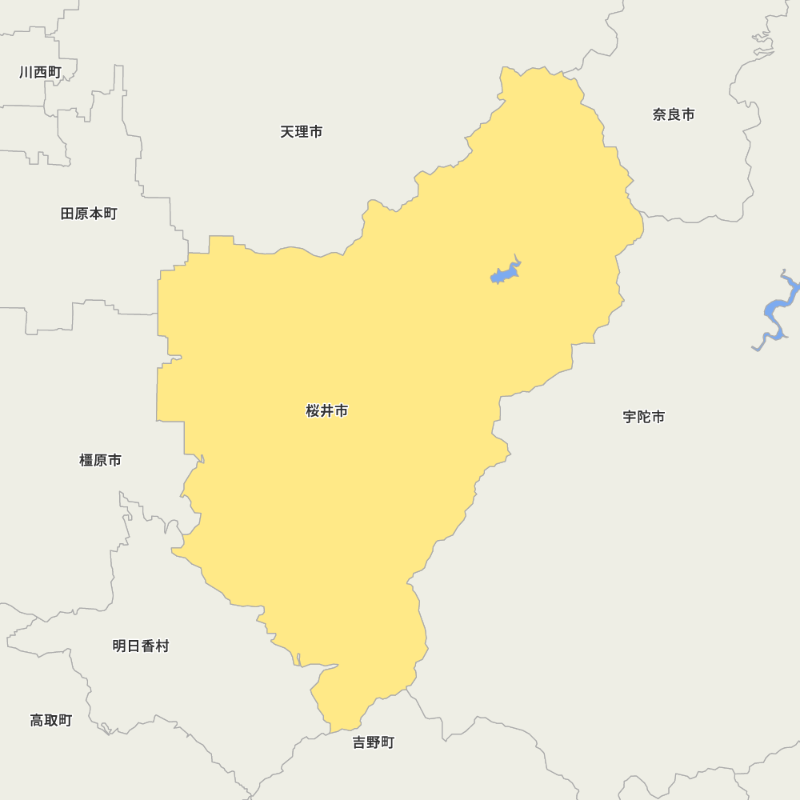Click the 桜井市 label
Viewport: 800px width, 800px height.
327,411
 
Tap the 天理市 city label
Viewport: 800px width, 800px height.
302,132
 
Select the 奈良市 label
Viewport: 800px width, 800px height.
674,114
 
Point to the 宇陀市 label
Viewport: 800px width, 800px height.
644,417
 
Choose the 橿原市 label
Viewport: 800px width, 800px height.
101,460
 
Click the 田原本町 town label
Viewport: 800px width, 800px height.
89,214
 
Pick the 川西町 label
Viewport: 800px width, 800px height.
40,72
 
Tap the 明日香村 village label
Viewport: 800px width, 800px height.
141,646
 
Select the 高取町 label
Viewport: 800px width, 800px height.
51,720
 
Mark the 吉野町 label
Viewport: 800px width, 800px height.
374,742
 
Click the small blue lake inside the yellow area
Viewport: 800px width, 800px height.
504,274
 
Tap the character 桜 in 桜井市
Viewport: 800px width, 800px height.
313,411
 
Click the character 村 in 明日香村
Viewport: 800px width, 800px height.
162,646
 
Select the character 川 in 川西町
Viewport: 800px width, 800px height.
26,72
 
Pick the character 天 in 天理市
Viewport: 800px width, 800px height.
287,132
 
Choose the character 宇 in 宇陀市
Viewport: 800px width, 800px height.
630,417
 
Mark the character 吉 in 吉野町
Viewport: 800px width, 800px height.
359,742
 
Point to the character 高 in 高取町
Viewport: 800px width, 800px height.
37,720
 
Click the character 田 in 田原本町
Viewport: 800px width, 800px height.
67,214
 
